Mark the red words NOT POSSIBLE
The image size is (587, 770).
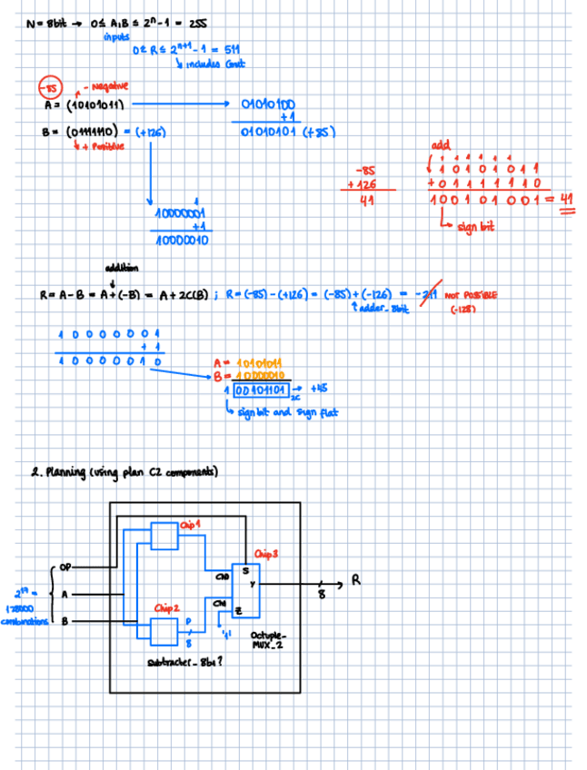tap(472, 294)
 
